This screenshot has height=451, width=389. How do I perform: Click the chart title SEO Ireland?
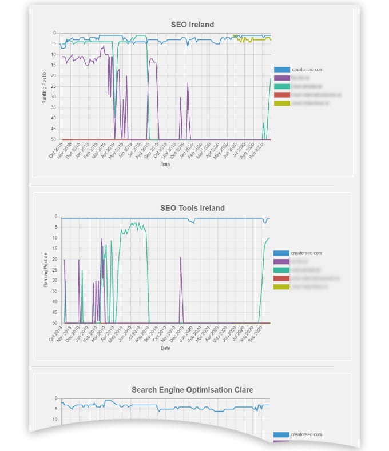pyautogui.click(x=192, y=25)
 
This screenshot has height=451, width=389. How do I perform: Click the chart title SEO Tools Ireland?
pyautogui.click(x=192, y=208)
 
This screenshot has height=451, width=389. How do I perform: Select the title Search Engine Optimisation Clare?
pyautogui.click(x=192, y=390)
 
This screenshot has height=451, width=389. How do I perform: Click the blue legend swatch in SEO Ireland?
pyautogui.click(x=282, y=70)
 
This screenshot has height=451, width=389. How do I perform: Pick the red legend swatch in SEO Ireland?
pyautogui.click(x=282, y=95)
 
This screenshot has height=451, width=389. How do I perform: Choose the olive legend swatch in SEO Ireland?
pyautogui.click(x=282, y=103)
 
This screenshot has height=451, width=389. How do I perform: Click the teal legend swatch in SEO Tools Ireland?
pyautogui.click(x=281, y=270)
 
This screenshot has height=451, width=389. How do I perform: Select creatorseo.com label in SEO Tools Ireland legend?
pyautogui.click(x=307, y=253)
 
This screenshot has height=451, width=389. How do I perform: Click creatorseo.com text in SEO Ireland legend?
pyautogui.click(x=308, y=70)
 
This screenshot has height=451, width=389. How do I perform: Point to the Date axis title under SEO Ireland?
pyautogui.click(x=165, y=165)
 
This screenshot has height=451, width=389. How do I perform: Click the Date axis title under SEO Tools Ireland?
pyautogui.click(x=165, y=348)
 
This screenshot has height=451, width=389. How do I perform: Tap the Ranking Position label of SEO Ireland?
pyautogui.click(x=45, y=86)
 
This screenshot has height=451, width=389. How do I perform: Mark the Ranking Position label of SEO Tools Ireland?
pyautogui.click(x=46, y=269)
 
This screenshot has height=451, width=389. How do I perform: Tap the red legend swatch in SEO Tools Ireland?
pyautogui.click(x=281, y=278)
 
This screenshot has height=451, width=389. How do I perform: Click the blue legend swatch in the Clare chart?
pyautogui.click(x=281, y=434)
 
